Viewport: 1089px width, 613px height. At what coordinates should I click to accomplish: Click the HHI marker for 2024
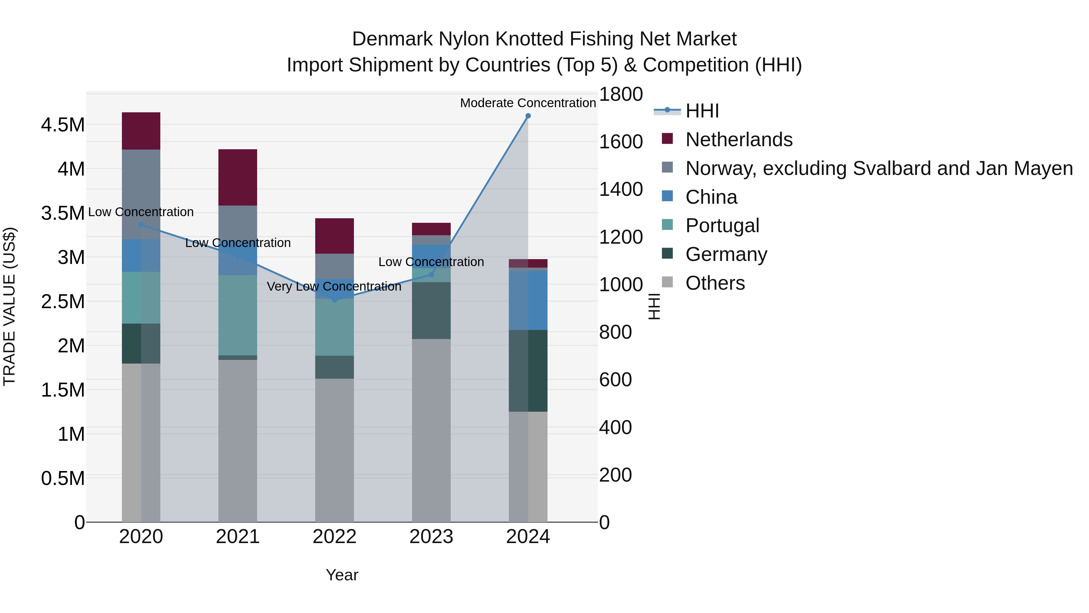click(528, 116)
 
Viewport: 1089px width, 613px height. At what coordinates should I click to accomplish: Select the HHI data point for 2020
click(141, 225)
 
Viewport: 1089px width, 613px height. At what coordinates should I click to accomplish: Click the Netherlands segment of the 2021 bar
click(237, 177)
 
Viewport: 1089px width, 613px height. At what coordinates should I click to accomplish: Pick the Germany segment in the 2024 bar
click(528, 371)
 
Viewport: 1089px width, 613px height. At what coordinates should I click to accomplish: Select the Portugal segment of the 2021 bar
click(237, 315)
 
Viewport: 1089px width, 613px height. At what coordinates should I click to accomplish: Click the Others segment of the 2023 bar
click(431, 430)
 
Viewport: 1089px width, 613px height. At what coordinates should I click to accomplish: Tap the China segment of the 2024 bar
click(528, 300)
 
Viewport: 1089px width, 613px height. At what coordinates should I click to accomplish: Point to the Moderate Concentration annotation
click(528, 103)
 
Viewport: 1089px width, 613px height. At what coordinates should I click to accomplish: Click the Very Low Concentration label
click(334, 286)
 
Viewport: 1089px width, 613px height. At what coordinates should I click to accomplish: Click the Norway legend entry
click(879, 168)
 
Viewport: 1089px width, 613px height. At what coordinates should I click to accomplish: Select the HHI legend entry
click(702, 111)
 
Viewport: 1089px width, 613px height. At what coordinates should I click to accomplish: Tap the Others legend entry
click(715, 283)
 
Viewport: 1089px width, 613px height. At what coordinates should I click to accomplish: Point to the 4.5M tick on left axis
click(63, 125)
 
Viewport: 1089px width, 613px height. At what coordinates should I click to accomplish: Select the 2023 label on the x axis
click(431, 537)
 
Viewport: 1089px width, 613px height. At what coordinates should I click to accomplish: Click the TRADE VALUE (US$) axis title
click(9, 306)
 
